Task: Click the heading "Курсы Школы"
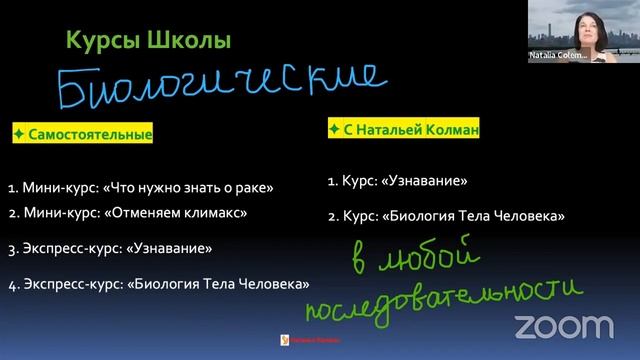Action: click(147, 41)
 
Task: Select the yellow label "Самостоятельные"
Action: click(82, 134)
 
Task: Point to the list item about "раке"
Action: click(141, 186)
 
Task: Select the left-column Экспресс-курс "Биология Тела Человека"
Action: click(158, 283)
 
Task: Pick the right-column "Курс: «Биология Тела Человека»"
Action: click(445, 215)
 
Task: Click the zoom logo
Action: click(564, 325)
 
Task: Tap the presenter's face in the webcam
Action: click(581, 23)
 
